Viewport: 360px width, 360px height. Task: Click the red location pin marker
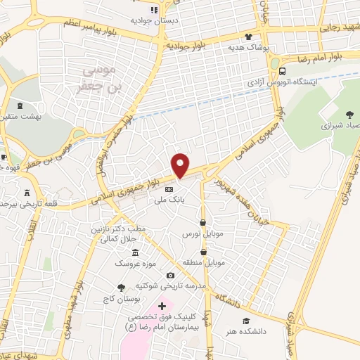point(181,165)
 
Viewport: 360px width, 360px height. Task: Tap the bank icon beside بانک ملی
point(169,190)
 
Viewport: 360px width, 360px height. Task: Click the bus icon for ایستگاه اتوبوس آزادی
point(283,71)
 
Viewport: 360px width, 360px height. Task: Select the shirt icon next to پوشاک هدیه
point(247,37)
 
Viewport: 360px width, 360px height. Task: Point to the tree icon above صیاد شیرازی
point(349,115)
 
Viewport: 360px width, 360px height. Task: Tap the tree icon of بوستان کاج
point(121,288)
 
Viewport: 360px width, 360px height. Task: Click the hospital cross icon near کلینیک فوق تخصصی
point(162,306)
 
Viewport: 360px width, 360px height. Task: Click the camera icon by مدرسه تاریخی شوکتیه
point(170,275)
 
